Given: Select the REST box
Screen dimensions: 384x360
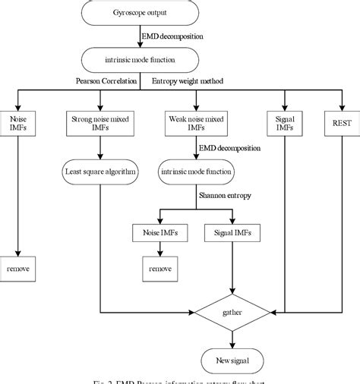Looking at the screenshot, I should coord(334,123).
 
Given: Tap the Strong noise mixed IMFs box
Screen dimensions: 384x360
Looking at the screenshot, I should coord(101,123).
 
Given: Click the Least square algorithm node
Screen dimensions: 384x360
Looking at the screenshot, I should coord(101,172).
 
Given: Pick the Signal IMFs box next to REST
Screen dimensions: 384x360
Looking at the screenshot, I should coord(284,123).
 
